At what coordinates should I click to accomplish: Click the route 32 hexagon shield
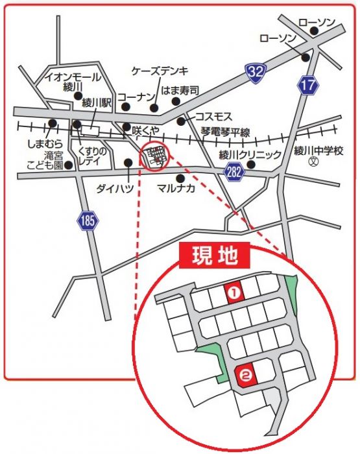[x=256, y=72]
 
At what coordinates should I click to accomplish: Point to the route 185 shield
[x=88, y=220]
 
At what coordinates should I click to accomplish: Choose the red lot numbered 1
[x=235, y=293]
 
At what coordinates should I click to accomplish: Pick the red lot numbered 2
[x=246, y=374]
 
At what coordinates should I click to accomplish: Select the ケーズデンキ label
[x=159, y=71]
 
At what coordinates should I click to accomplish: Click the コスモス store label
[x=213, y=116]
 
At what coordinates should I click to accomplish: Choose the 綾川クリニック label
[x=250, y=154]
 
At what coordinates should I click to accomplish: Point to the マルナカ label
[x=174, y=189]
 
